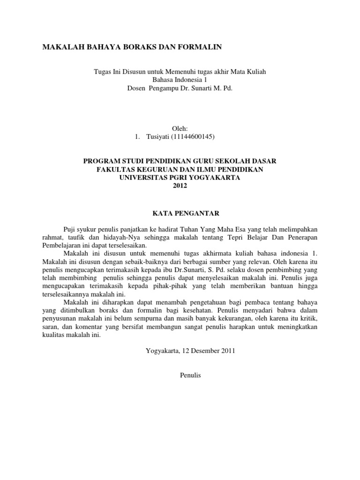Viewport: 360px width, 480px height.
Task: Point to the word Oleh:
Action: coord(180,128)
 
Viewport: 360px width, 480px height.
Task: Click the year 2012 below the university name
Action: coord(180,186)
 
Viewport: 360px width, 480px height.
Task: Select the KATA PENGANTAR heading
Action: coord(180,213)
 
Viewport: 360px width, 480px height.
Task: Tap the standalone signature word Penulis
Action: coord(190,375)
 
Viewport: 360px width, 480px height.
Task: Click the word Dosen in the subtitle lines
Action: coord(136,88)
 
